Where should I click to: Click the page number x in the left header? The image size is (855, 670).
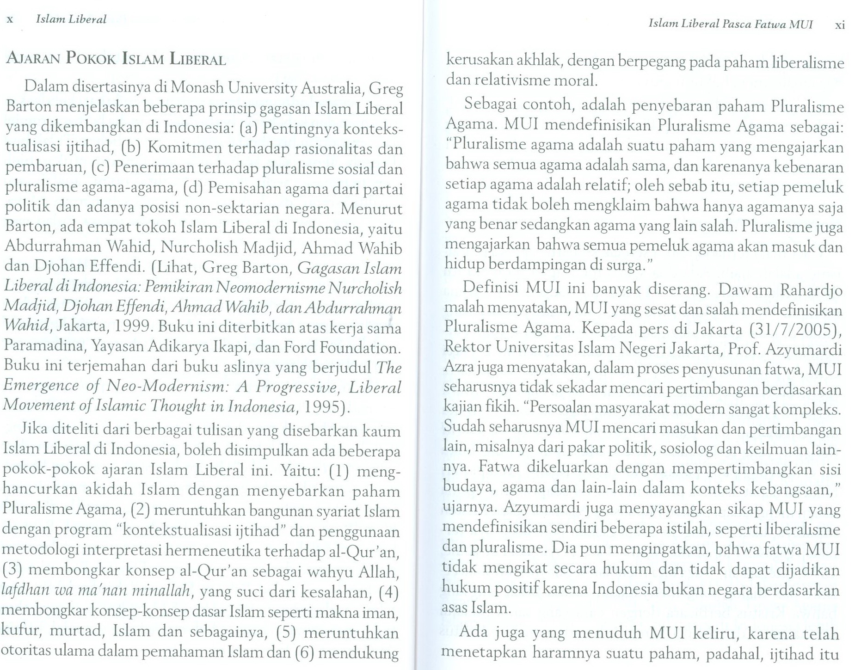[10, 20]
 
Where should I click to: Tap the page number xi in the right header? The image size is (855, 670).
[840, 25]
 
